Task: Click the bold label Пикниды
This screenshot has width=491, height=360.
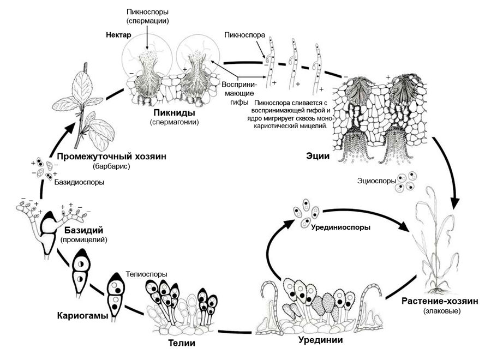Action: tap(174, 112)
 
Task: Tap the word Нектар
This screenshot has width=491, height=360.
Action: tap(118, 35)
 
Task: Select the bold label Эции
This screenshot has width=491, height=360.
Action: tap(318, 156)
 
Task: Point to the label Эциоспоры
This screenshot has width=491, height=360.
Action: tap(376, 181)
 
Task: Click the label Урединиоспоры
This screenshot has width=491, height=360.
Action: tap(340, 227)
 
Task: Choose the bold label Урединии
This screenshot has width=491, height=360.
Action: tap(320, 340)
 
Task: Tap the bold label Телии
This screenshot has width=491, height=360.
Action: tap(182, 343)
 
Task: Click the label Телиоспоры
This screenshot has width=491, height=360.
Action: tap(147, 274)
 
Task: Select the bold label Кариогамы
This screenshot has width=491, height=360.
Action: tap(83, 315)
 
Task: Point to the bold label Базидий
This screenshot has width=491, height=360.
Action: tap(83, 230)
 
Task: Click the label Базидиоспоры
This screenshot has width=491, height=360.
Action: tap(79, 182)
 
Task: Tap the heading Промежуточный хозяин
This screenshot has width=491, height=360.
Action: tap(111, 157)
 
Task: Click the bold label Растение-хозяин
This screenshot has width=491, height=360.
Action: tap(440, 301)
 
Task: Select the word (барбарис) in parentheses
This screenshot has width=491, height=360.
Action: tap(111, 166)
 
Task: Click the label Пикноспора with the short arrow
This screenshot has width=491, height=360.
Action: tap(244, 35)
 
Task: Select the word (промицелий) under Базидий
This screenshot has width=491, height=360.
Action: tap(83, 240)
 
